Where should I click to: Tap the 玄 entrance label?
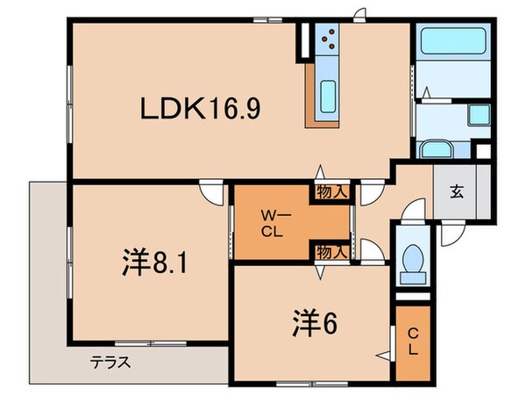tap(457, 190)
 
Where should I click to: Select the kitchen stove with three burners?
tap(329, 39)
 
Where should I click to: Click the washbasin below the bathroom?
tap(435, 148)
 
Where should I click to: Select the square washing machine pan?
tap(479, 114)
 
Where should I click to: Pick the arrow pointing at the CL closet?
tap(384, 354)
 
